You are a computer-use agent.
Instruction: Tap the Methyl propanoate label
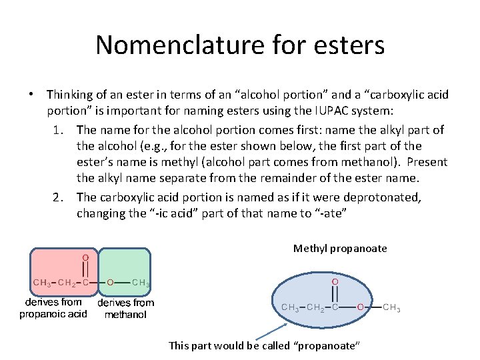(x=340, y=249)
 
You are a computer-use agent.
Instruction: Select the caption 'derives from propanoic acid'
(x=53, y=308)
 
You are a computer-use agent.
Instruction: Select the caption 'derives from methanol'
(x=125, y=308)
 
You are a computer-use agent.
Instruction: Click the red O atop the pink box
(x=86, y=257)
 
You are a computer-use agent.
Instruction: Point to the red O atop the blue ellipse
(x=335, y=283)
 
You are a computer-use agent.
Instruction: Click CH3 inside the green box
(x=141, y=283)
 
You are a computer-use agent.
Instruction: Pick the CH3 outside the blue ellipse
(x=391, y=307)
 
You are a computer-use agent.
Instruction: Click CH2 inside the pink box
(x=66, y=283)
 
